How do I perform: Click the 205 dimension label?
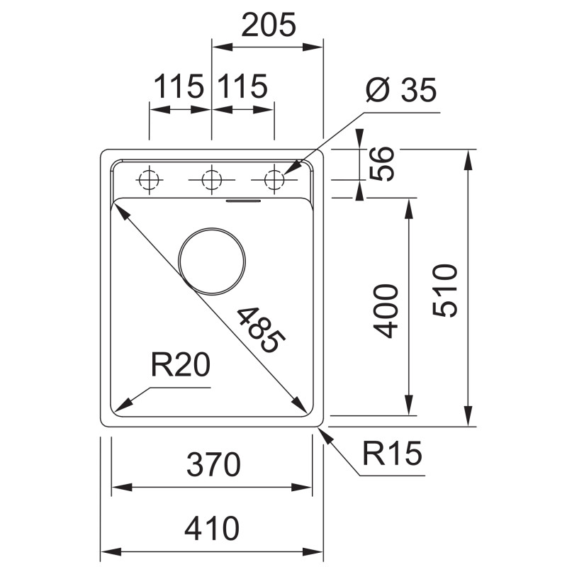[x=269, y=25]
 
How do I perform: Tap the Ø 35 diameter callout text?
[x=401, y=89]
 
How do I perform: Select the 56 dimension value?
[x=381, y=164]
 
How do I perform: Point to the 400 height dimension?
[x=386, y=311]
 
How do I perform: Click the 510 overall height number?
[x=445, y=291]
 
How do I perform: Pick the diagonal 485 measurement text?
[x=261, y=330]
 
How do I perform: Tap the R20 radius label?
[x=181, y=365]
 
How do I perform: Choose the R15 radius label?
[x=392, y=453]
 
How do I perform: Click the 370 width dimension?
[x=213, y=464]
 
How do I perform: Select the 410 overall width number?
[x=212, y=528]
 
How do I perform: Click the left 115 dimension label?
[x=179, y=86]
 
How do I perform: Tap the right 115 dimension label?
[x=242, y=86]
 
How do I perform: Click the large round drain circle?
[x=212, y=228]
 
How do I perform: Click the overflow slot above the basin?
[x=243, y=201]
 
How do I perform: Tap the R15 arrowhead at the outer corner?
[x=324, y=434]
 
